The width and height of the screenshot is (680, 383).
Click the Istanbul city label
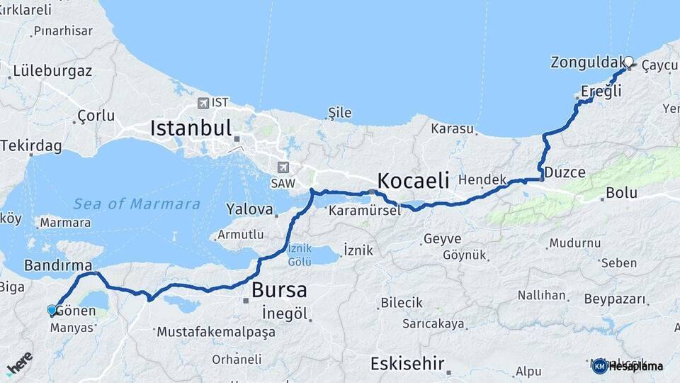[x=191, y=128]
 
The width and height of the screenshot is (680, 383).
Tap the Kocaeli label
[x=414, y=181]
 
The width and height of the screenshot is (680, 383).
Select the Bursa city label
[x=280, y=290]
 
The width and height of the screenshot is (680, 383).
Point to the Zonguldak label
[x=587, y=62]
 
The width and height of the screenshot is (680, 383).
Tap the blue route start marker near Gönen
[x=51, y=310]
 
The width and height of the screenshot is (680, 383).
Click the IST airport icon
[x=204, y=103]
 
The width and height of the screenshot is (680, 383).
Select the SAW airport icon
[x=284, y=167]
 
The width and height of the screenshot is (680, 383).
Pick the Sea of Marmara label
[x=137, y=204]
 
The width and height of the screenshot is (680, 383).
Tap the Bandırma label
[x=58, y=266]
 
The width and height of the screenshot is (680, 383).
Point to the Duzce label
[x=564, y=172]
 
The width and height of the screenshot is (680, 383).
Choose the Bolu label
[x=621, y=193]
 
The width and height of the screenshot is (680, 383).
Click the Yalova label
[x=249, y=210]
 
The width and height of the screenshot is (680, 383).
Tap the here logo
[x=20, y=362]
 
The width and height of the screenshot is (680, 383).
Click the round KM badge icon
[x=599, y=366]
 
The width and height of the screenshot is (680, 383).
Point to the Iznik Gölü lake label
[x=300, y=255]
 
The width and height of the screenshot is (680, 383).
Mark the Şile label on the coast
[x=339, y=113]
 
